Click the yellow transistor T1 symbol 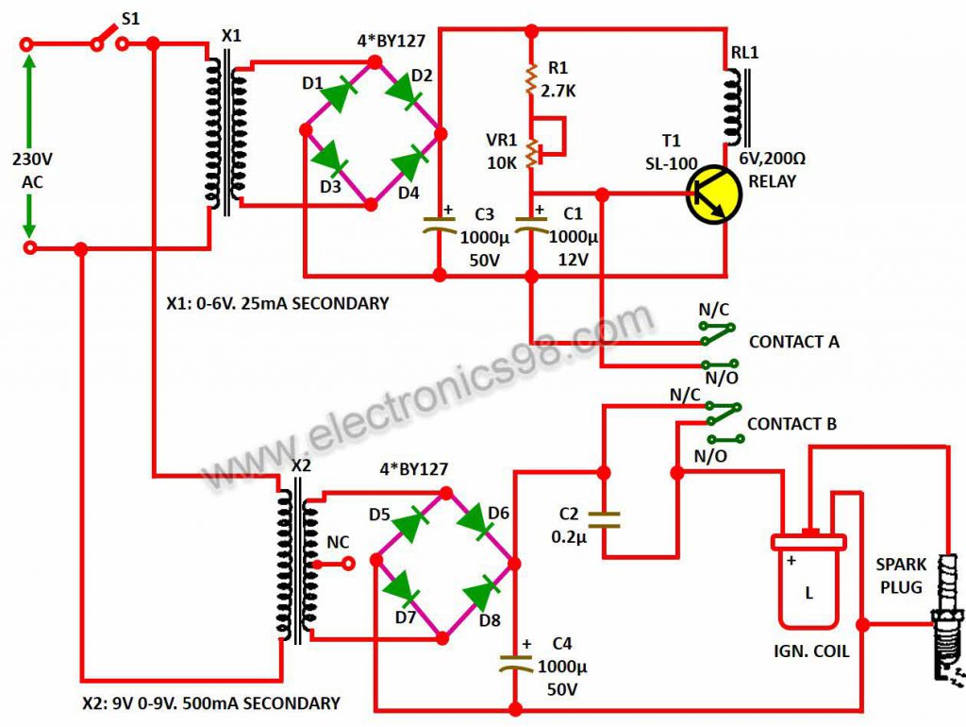click(714, 194)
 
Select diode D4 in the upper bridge click(408, 163)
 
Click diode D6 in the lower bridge click(475, 521)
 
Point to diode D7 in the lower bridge click(402, 589)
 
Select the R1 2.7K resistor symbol click(531, 79)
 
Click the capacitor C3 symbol click(439, 225)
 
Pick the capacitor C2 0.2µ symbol click(604, 519)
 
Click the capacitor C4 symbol click(516, 664)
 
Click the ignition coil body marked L click(808, 580)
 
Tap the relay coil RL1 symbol click(737, 106)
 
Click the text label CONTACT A click(794, 342)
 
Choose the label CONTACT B click(791, 424)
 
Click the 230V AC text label click(32, 170)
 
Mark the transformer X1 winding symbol click(225, 136)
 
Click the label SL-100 click(671, 164)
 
